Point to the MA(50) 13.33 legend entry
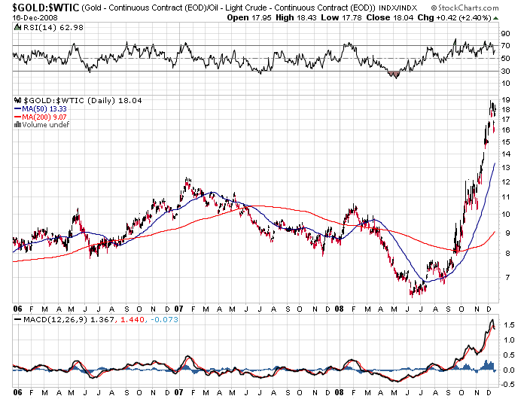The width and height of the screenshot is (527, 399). (46, 108)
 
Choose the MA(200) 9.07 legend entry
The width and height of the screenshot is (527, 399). (46, 117)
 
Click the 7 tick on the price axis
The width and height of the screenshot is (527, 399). (508, 278)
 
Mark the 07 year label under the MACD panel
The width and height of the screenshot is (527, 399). (178, 391)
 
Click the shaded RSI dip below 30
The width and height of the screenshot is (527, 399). (393, 75)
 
